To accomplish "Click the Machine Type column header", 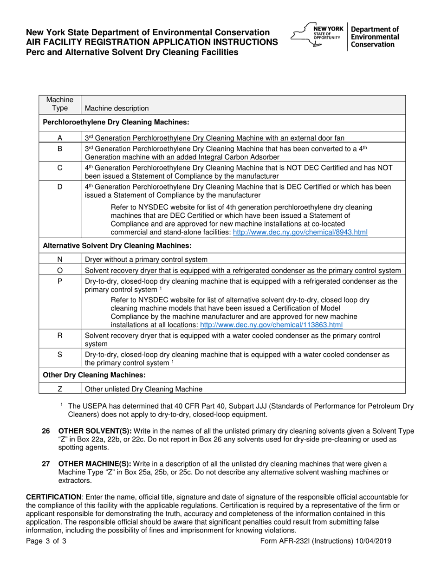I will [60, 104].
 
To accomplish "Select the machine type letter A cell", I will [60, 138].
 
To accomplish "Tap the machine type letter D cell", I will [60, 187].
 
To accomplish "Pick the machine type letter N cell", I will [60, 260].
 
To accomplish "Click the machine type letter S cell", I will [60, 355].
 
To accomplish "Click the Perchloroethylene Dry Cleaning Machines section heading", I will [116, 122].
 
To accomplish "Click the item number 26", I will [46, 431].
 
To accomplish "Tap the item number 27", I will [46, 463].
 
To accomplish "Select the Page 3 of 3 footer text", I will [46, 541].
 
